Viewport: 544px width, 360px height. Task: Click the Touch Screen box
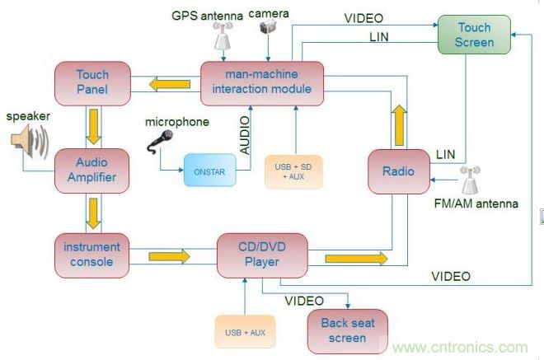click(x=476, y=35)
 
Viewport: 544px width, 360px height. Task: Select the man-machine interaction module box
click(x=261, y=82)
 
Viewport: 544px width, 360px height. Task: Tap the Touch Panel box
click(x=92, y=82)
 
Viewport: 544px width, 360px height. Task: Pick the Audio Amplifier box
click(x=91, y=171)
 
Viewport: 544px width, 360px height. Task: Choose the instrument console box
click(x=91, y=254)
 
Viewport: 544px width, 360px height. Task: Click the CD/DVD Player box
click(x=261, y=255)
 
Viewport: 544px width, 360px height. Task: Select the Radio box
click(x=399, y=171)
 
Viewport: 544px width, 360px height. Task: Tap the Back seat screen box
click(x=347, y=330)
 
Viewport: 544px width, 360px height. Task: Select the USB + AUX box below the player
click(x=245, y=331)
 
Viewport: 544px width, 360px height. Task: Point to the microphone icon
click(x=160, y=141)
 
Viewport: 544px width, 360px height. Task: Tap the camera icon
click(x=267, y=27)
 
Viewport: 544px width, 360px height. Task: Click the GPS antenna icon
click(x=221, y=34)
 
